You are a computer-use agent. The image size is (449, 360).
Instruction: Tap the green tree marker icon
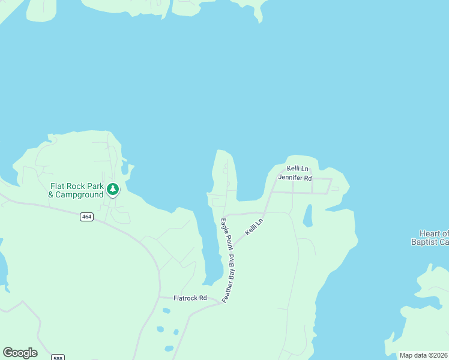(x=112, y=190)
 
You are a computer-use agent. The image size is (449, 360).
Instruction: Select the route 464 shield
(x=86, y=216)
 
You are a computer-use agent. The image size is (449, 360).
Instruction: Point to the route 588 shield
(x=56, y=356)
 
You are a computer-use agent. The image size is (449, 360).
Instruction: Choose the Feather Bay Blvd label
(x=229, y=279)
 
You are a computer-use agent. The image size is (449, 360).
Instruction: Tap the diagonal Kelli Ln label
(x=254, y=226)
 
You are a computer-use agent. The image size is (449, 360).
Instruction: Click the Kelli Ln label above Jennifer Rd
(x=297, y=169)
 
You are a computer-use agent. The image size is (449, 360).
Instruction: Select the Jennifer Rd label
(x=295, y=178)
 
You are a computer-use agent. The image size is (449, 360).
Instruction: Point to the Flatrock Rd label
(x=190, y=298)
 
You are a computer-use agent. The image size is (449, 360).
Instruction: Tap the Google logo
(x=20, y=353)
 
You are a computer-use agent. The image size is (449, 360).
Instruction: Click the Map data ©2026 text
(x=424, y=355)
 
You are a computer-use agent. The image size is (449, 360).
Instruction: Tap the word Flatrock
(x=185, y=298)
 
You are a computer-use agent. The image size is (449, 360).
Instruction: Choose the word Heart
(x=430, y=233)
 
